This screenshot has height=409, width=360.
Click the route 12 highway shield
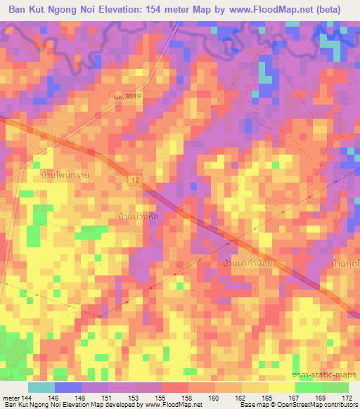[133, 181]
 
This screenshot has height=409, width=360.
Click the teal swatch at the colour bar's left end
[41, 387]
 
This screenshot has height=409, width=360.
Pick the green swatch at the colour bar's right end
[335, 387]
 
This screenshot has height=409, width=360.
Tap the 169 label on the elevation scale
[321, 397]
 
